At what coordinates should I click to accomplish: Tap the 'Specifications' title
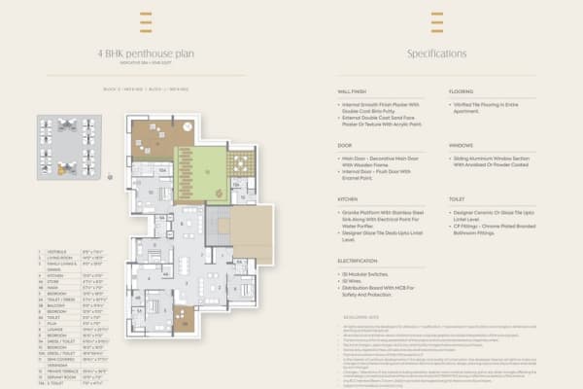[x=436, y=53]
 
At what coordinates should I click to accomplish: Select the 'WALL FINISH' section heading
[x=353, y=90]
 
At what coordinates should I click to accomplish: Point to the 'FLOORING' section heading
[x=462, y=90]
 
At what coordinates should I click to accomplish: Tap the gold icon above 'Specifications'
[x=436, y=21]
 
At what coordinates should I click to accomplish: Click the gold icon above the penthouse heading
[x=145, y=21]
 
